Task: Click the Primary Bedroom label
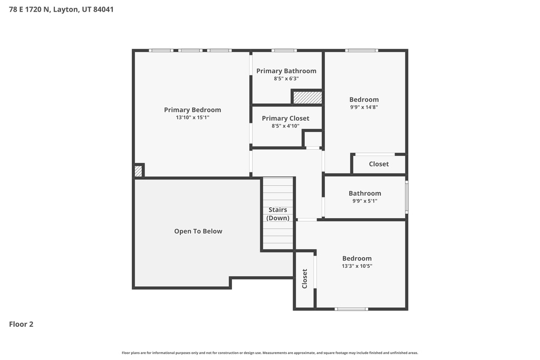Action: (192, 110)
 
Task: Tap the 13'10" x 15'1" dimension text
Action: (192, 118)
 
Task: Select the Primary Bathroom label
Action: (286, 71)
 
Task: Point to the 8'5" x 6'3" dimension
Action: (286, 79)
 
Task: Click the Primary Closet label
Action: (285, 118)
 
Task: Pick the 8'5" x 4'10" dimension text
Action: (285, 126)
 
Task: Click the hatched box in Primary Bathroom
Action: (307, 98)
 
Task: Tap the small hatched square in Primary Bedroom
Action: (138, 171)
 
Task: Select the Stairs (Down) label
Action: (278, 214)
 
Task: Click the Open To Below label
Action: (198, 231)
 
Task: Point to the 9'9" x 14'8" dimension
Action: (364, 107)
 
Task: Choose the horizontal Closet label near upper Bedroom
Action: (379, 164)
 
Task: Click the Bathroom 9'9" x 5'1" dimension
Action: (365, 201)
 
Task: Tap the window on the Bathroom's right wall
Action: (407, 197)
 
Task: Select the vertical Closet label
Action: (305, 279)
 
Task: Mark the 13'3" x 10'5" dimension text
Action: (357, 266)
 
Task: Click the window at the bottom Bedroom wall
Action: (352, 309)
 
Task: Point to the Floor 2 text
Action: (21, 324)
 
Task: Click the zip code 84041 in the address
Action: (103, 9)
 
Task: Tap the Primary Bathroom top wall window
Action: (284, 51)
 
